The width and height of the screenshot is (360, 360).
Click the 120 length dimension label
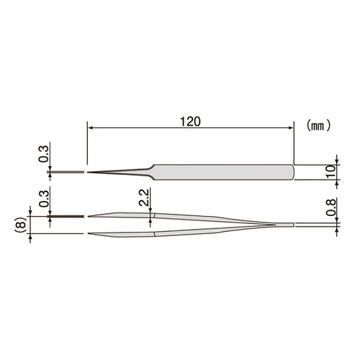tap(190, 122)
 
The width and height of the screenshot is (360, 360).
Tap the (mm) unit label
tap(318, 125)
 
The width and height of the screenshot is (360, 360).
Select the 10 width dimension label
tap(331, 171)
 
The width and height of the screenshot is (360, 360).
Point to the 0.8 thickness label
tap(331, 207)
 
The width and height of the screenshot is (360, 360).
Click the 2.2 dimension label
tap(144, 197)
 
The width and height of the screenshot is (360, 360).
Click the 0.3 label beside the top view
tap(44, 154)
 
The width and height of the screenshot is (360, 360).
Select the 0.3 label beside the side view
tap(44, 198)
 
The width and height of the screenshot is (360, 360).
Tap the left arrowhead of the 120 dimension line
tap(90, 128)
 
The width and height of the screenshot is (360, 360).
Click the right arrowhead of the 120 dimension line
tap(291, 128)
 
